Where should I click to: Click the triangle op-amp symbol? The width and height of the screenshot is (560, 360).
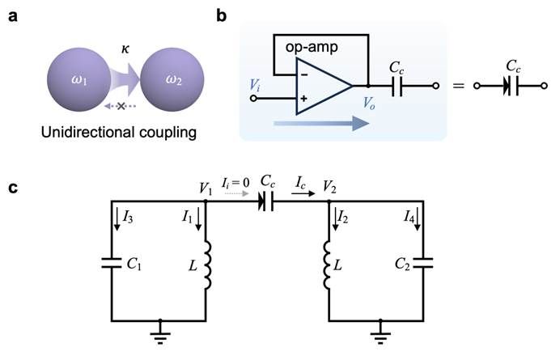[x=324, y=84]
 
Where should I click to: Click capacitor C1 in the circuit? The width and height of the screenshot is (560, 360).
[x=112, y=263]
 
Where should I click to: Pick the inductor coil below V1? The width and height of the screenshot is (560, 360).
[x=207, y=265]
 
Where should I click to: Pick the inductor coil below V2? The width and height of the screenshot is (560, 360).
[x=331, y=265]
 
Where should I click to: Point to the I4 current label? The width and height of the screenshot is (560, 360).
[x=409, y=216]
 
